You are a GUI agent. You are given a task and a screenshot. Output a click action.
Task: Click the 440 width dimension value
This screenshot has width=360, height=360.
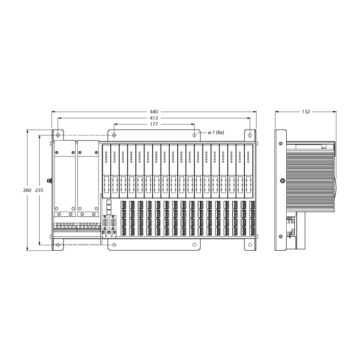point(154,112)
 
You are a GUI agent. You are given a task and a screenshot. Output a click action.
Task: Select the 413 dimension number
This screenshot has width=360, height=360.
point(154,118)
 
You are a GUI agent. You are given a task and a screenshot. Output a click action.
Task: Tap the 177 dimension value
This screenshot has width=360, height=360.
point(154,124)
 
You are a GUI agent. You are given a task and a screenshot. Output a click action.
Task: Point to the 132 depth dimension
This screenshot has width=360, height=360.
point(306,112)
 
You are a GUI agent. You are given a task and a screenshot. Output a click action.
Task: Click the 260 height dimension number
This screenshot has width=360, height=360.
point(27,190)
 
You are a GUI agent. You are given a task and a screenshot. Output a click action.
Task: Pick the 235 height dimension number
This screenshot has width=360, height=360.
point(39,190)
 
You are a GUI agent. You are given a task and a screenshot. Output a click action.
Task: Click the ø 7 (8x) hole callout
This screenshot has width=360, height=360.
point(216,132)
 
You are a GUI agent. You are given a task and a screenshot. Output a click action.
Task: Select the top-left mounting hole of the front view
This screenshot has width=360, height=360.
point(58,135)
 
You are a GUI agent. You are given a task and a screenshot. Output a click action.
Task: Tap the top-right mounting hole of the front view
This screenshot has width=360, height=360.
point(250,135)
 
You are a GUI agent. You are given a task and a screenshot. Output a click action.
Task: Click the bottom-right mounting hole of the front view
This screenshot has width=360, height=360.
point(250,245)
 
